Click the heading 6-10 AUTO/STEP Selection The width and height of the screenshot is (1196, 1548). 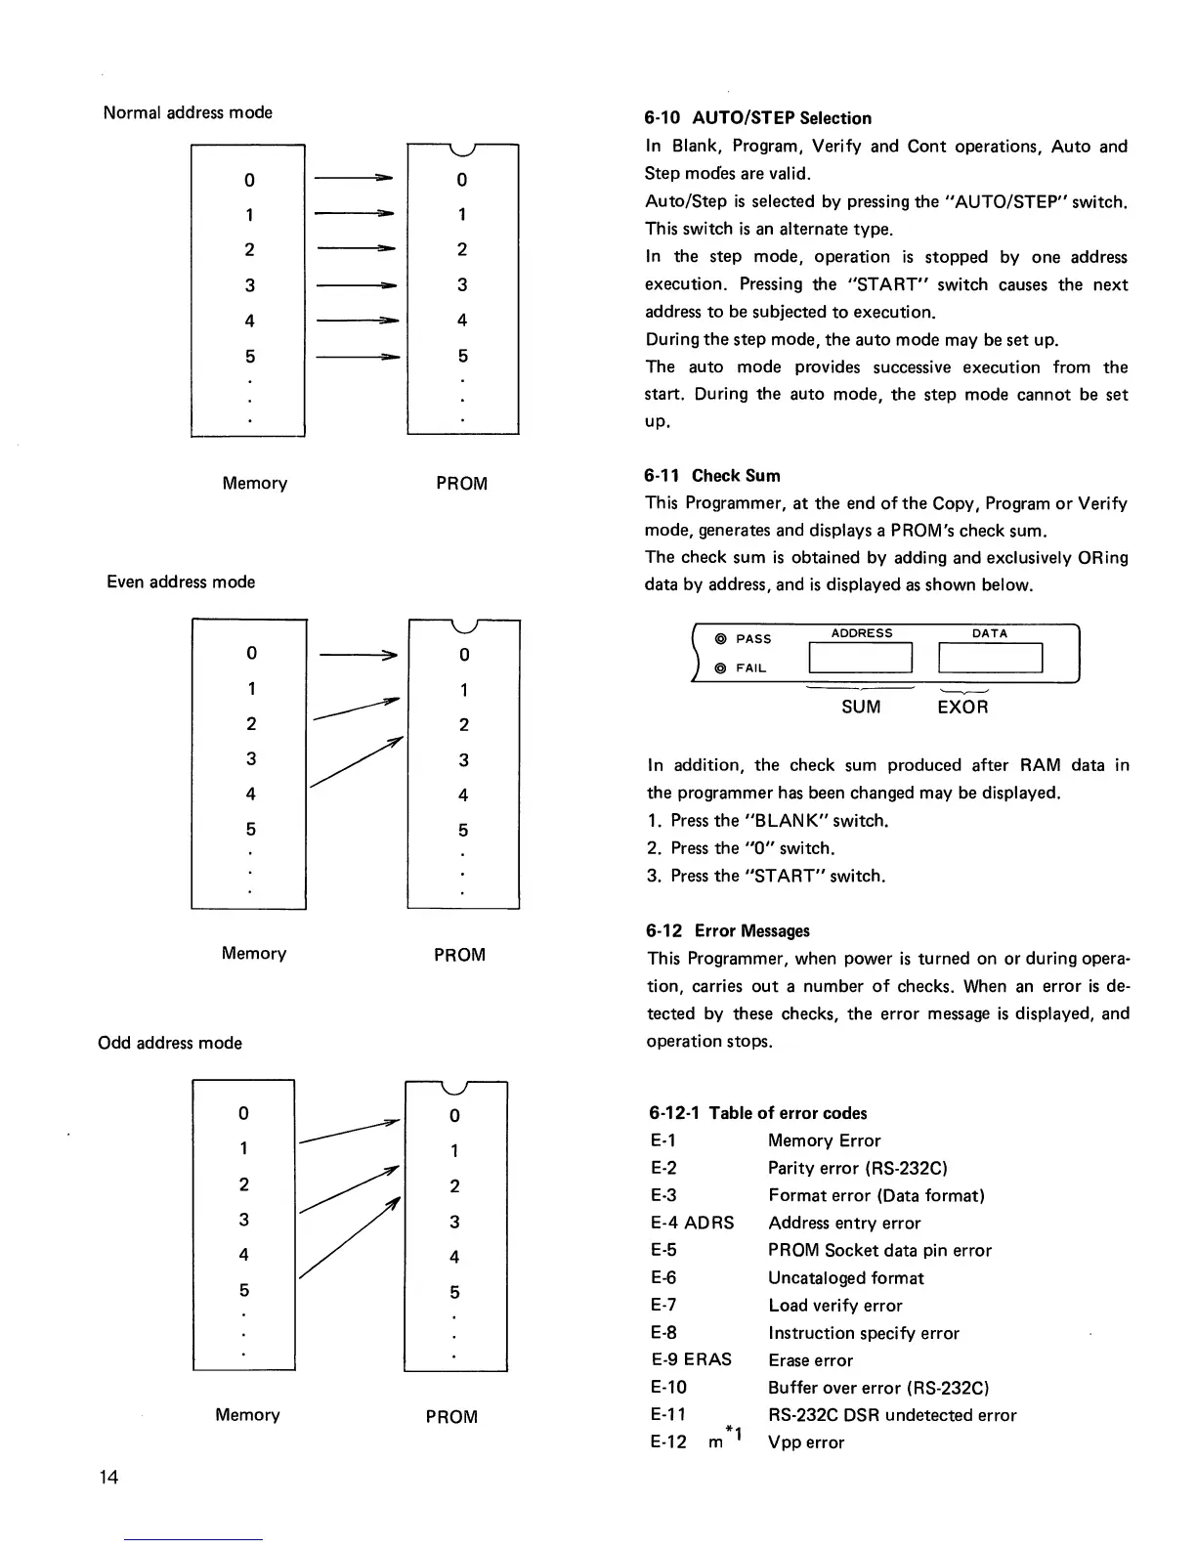tap(757, 118)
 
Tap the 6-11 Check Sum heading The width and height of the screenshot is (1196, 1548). tap(711, 476)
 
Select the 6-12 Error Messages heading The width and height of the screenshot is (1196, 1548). tap(728, 931)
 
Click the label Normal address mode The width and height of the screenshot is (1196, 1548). tap(188, 112)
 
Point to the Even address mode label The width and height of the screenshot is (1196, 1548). tap(181, 582)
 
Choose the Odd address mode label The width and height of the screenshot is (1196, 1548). tap(170, 1043)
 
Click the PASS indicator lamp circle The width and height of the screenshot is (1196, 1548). tap(720, 639)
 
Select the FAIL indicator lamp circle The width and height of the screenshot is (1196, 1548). tap(720, 668)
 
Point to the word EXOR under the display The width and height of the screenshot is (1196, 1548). tap(962, 707)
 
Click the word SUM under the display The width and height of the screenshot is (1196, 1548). tap(861, 707)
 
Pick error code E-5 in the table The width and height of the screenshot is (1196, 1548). tap(663, 1250)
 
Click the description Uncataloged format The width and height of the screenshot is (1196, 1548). tap(845, 1277)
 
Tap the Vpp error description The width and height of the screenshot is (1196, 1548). tap(806, 1442)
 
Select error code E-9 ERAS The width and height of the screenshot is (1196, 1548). tap(691, 1359)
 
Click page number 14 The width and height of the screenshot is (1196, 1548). tap(108, 1477)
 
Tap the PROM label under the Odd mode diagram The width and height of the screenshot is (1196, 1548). tap(451, 1416)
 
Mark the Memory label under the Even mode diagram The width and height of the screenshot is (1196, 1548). tap(254, 954)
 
